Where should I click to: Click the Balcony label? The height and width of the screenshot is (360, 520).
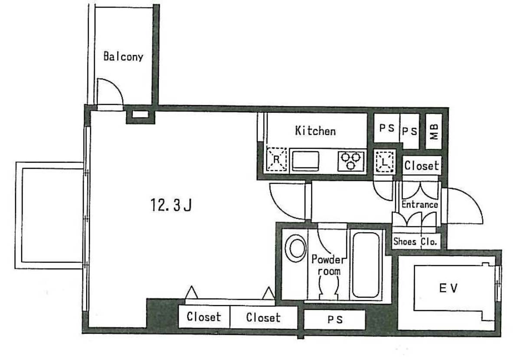click(x=123, y=56)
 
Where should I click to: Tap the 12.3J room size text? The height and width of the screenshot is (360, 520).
click(x=171, y=205)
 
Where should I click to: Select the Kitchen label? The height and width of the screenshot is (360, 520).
click(x=315, y=131)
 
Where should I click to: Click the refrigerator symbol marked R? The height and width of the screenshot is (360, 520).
click(x=276, y=160)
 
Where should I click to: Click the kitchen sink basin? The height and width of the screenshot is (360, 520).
click(x=305, y=161)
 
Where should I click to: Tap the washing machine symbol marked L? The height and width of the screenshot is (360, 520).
click(x=384, y=162)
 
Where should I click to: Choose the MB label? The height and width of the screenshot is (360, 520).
click(x=434, y=131)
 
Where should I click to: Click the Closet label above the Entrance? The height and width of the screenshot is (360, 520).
click(x=422, y=165)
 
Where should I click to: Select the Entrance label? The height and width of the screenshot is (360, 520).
click(x=419, y=204)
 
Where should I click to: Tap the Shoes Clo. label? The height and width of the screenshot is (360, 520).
click(x=415, y=241)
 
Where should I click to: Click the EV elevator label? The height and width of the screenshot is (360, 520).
click(x=448, y=288)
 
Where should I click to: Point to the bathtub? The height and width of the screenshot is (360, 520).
click(x=366, y=265)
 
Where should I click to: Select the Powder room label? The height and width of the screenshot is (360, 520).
click(x=327, y=265)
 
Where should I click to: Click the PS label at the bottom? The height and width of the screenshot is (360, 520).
click(x=335, y=319)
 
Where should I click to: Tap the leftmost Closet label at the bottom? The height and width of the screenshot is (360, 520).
click(x=204, y=317)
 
